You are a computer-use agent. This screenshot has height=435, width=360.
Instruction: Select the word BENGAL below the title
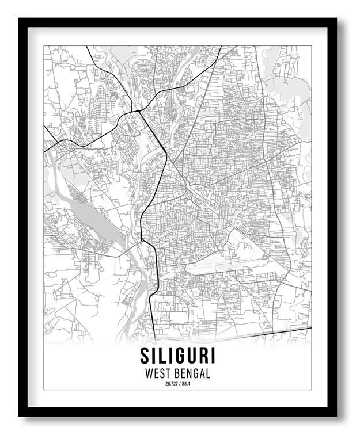191,373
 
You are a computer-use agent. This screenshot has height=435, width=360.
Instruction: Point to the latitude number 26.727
171,384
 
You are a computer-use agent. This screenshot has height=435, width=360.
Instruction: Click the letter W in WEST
149,373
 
